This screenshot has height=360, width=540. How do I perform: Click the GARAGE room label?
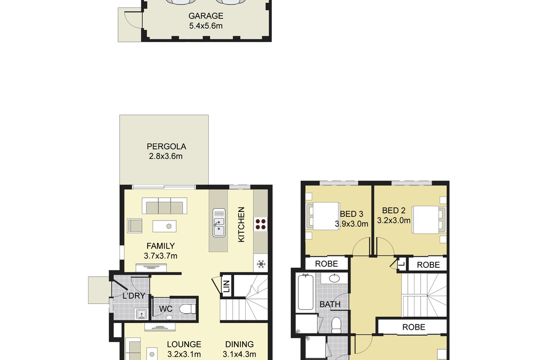(206, 16)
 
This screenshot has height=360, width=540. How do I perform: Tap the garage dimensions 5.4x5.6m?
(206, 26)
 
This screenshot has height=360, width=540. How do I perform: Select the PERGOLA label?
(166, 147)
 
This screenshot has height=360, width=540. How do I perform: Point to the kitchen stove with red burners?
(261, 224)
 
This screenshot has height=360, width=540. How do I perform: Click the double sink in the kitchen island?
(219, 223)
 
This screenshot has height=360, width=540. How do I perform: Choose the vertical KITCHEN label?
(241, 225)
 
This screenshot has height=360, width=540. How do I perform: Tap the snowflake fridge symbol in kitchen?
(261, 264)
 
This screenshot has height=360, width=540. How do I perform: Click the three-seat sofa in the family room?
(164, 206)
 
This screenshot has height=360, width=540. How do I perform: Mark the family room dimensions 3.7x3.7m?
(161, 256)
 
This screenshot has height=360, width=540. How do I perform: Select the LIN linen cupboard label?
(227, 286)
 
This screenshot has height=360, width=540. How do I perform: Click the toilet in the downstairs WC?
(188, 309)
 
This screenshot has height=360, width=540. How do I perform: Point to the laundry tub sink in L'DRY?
(141, 314)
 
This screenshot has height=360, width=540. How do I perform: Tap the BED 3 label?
(351, 214)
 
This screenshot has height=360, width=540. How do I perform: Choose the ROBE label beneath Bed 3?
(326, 264)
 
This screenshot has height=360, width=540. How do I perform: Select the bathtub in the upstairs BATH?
(306, 292)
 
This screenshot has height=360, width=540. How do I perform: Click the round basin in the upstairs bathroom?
(334, 278)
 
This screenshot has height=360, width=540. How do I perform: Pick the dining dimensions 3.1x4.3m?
(239, 354)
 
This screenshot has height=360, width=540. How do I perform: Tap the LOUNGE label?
(184, 344)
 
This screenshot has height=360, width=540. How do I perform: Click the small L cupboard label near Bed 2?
(401, 264)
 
